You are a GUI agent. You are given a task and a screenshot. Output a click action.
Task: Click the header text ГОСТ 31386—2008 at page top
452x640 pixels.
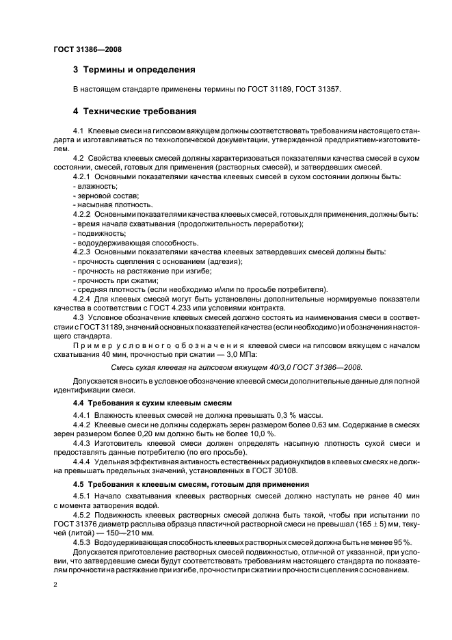(x=87, y=49)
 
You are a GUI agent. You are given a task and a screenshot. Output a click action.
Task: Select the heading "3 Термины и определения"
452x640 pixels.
(x=134, y=70)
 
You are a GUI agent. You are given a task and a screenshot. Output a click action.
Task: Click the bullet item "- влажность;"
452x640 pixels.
(x=94, y=186)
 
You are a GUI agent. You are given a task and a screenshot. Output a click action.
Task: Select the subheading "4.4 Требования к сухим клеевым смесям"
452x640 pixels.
(x=152, y=404)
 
